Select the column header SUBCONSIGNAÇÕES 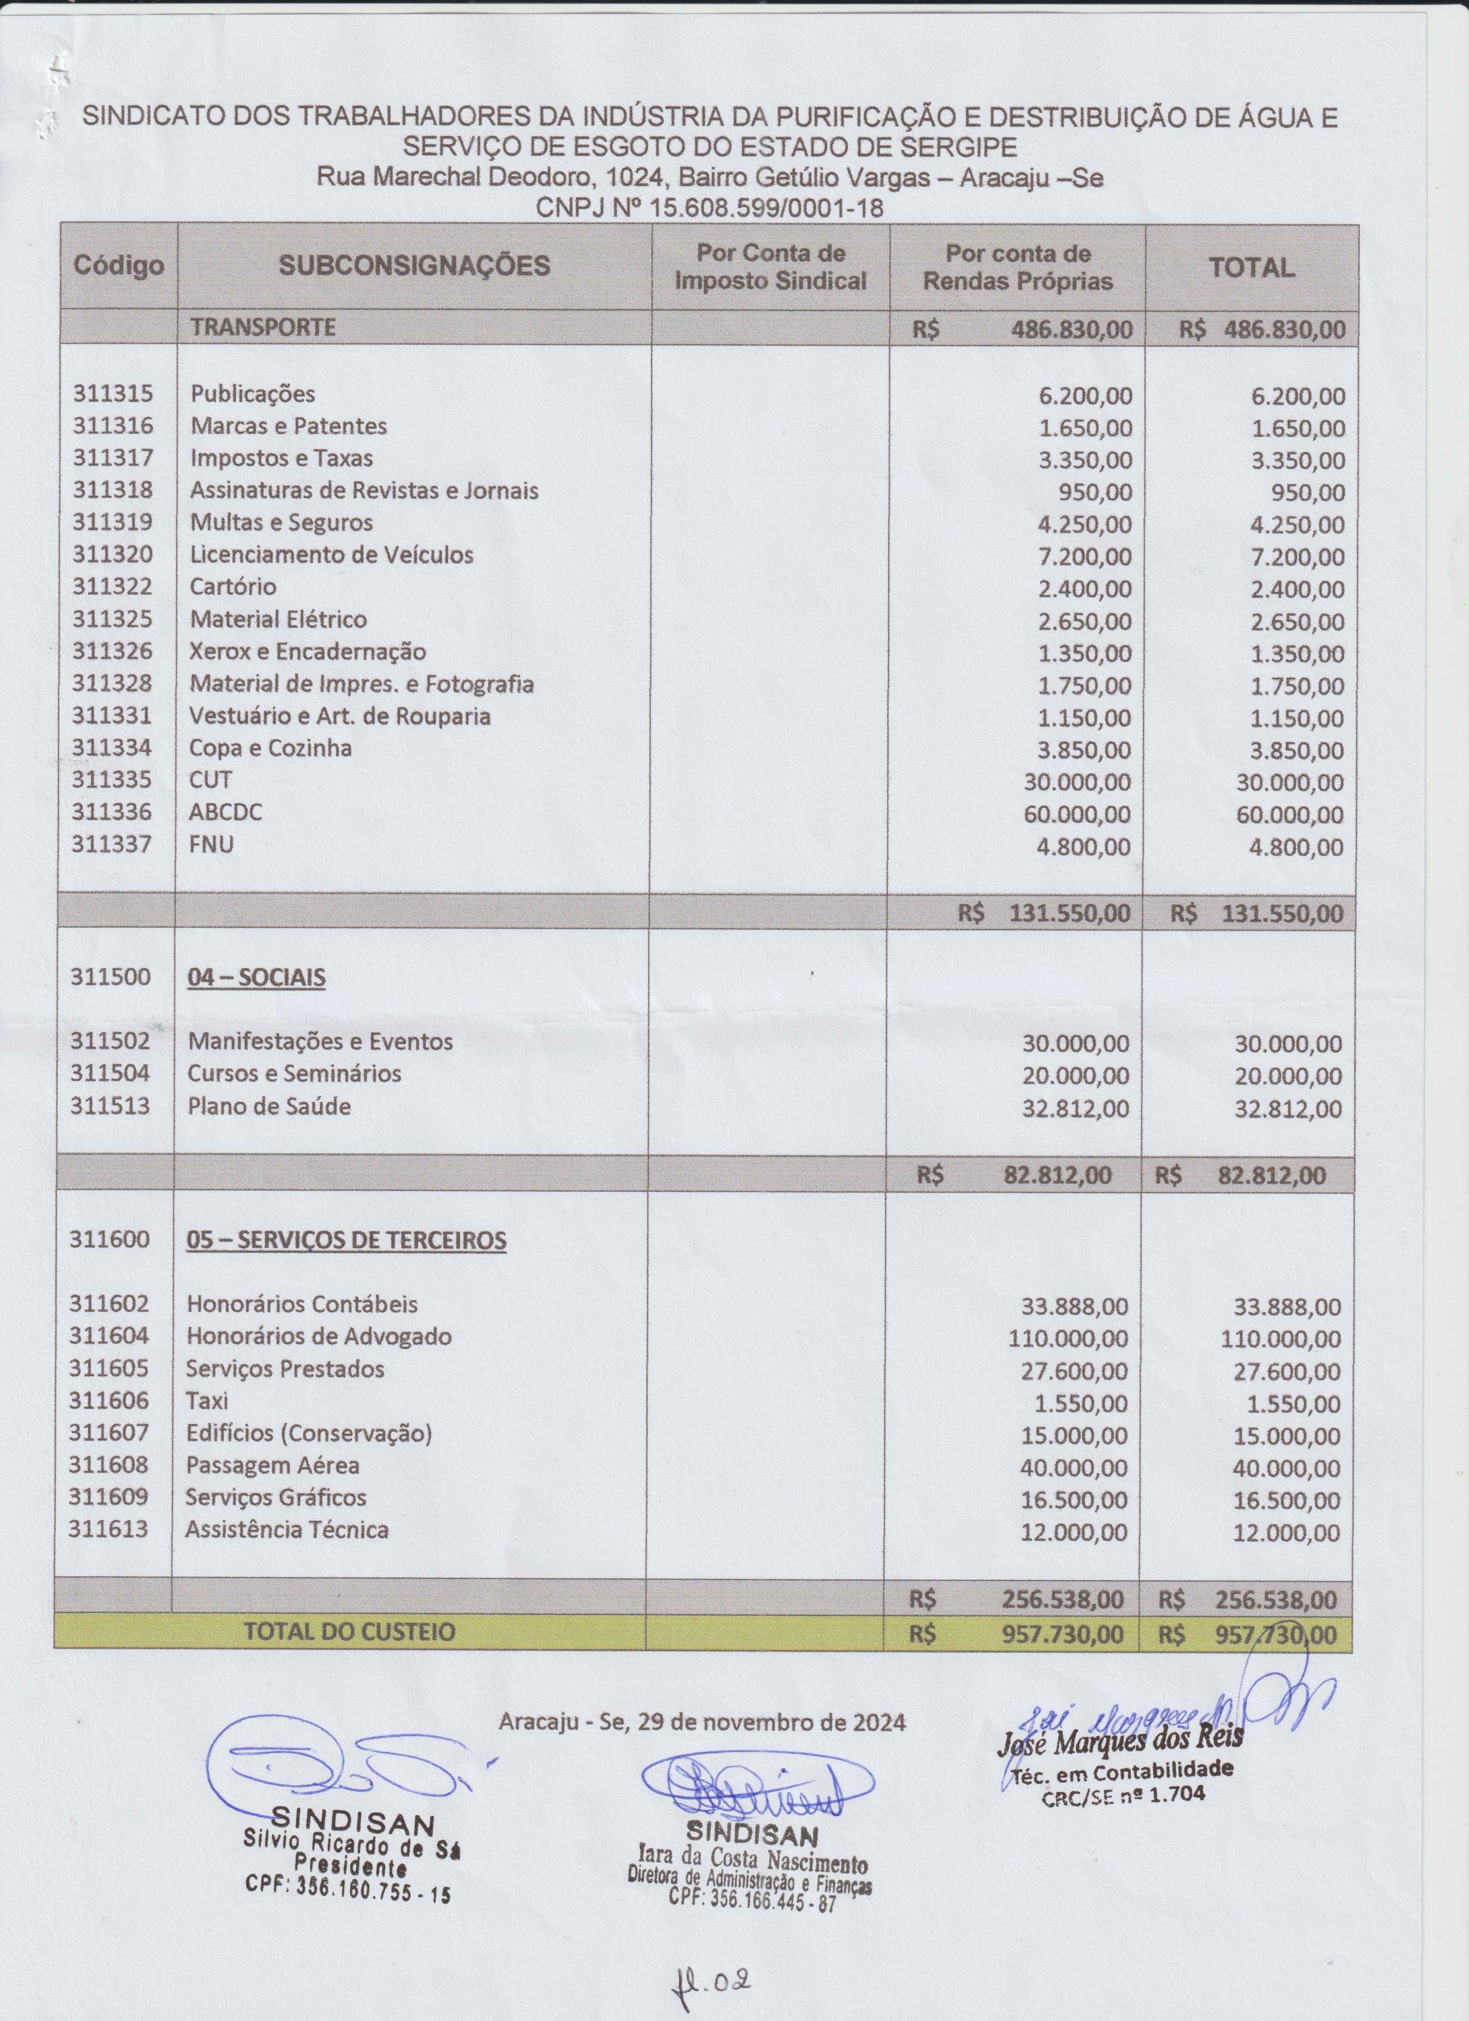[414, 265]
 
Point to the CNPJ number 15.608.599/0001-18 [766, 208]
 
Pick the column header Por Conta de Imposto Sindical [771, 266]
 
